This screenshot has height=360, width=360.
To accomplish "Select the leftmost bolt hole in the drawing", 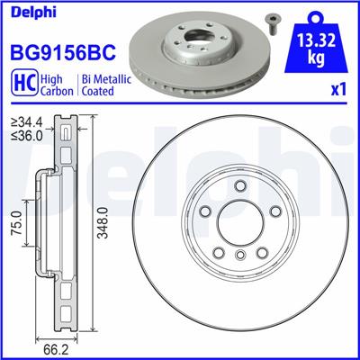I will coord(205,212).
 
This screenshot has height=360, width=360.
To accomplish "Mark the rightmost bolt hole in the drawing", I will coord(274,212).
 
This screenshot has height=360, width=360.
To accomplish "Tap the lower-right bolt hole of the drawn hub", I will coord(261,252).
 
